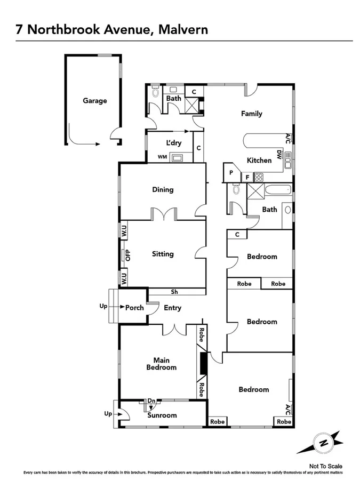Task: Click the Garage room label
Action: click(x=94, y=101)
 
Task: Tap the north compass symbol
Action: click(x=323, y=442)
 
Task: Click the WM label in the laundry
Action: click(x=162, y=157)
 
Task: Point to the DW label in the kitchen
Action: click(x=279, y=155)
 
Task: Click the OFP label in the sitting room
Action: click(x=128, y=255)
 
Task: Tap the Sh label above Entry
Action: click(x=174, y=292)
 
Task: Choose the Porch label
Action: click(x=134, y=308)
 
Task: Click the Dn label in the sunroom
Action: click(x=151, y=401)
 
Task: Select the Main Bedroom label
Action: click(x=162, y=363)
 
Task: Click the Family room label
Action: click(x=252, y=114)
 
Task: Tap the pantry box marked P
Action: click(x=231, y=173)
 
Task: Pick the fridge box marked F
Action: click(x=247, y=177)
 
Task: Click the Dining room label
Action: click(x=163, y=190)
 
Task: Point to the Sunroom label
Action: click(x=162, y=415)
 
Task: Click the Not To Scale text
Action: click(x=326, y=466)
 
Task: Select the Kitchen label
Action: click(x=259, y=161)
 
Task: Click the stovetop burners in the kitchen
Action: click(x=259, y=177)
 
